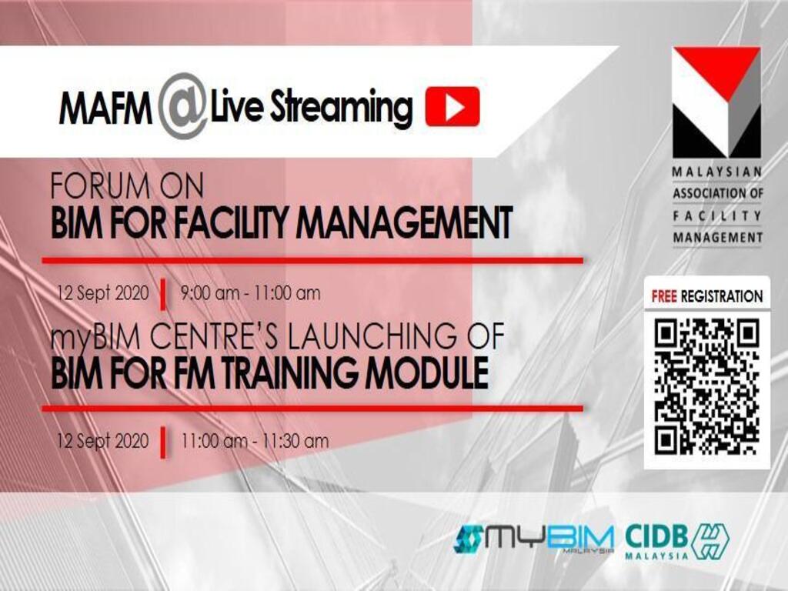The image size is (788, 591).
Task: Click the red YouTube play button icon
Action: (x=452, y=106)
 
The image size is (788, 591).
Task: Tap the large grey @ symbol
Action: (x=182, y=106)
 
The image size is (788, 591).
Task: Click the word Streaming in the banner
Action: (x=342, y=108)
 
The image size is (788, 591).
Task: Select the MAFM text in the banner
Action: (x=105, y=108)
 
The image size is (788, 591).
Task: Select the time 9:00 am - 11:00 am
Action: (x=250, y=293)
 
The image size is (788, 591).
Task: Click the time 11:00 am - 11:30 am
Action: (x=255, y=441)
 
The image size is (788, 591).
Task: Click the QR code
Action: (x=707, y=386)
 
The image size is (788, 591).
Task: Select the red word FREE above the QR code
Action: (x=664, y=296)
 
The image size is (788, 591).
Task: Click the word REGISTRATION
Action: (x=722, y=296)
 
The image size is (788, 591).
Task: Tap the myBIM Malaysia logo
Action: (x=534, y=539)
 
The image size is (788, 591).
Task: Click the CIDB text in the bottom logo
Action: (x=656, y=536)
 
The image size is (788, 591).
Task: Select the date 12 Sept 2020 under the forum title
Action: (x=103, y=293)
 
